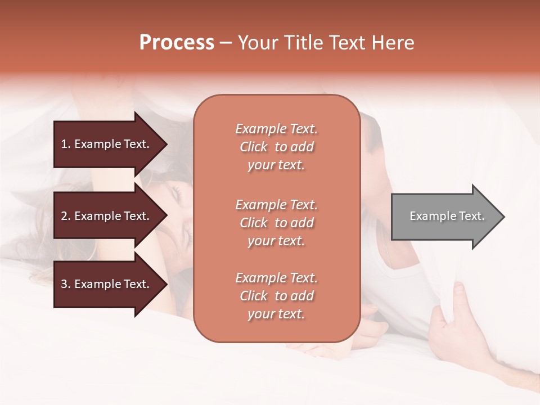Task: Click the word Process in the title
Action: coord(177,43)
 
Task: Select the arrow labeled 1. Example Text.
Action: coord(107,144)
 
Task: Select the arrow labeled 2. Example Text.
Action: coord(107,216)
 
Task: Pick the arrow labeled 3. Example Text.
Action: coord(107,284)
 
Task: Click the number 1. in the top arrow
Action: coord(66,144)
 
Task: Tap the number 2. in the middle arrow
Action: coord(66,216)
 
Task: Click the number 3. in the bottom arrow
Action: coord(66,284)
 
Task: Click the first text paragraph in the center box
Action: coord(276,147)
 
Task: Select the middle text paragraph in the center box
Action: coord(276,223)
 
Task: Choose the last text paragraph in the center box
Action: coord(276,296)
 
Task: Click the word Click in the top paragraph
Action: coord(254,147)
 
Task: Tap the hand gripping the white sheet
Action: coord(453,321)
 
